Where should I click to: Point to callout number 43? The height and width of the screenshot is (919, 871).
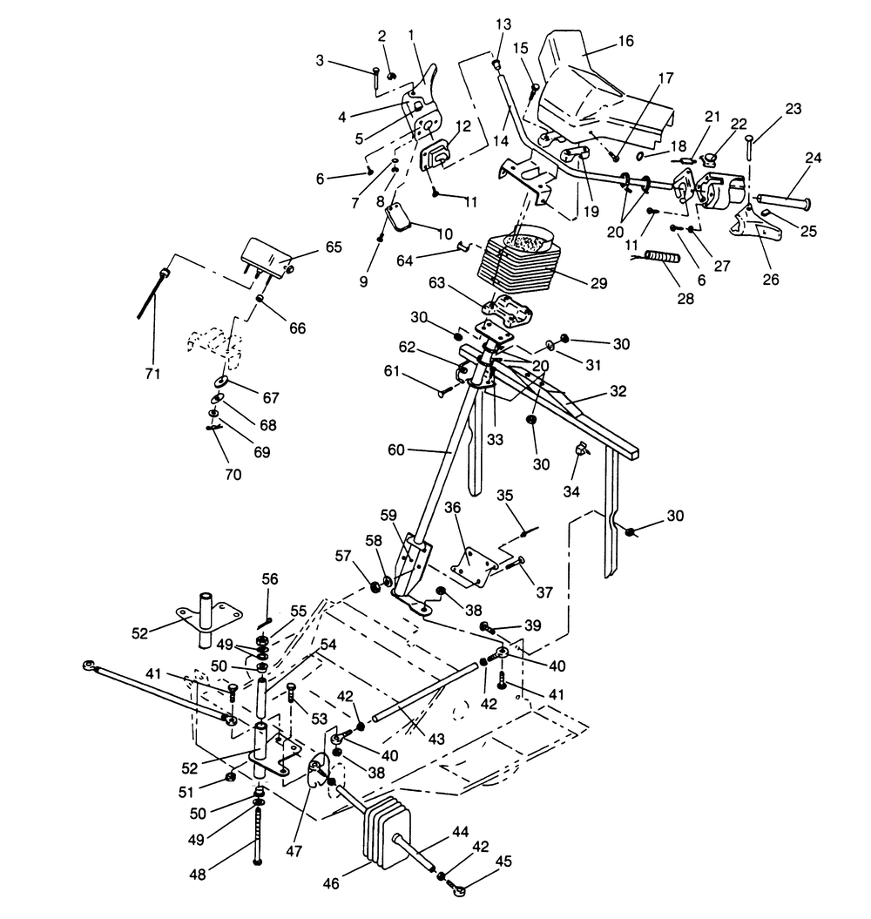(x=435, y=739)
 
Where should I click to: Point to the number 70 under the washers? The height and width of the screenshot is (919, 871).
(x=232, y=475)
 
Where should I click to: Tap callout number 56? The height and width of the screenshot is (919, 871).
(x=270, y=578)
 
